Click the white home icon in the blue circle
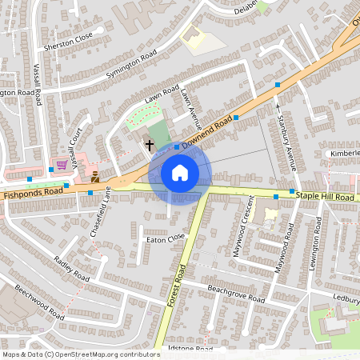tap(180, 173)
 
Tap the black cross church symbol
tap(149, 146)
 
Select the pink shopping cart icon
tap(62, 166)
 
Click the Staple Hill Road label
tap(324, 197)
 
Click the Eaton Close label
tap(165, 238)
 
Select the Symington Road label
tap(130, 66)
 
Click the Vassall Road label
tap(38, 84)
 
